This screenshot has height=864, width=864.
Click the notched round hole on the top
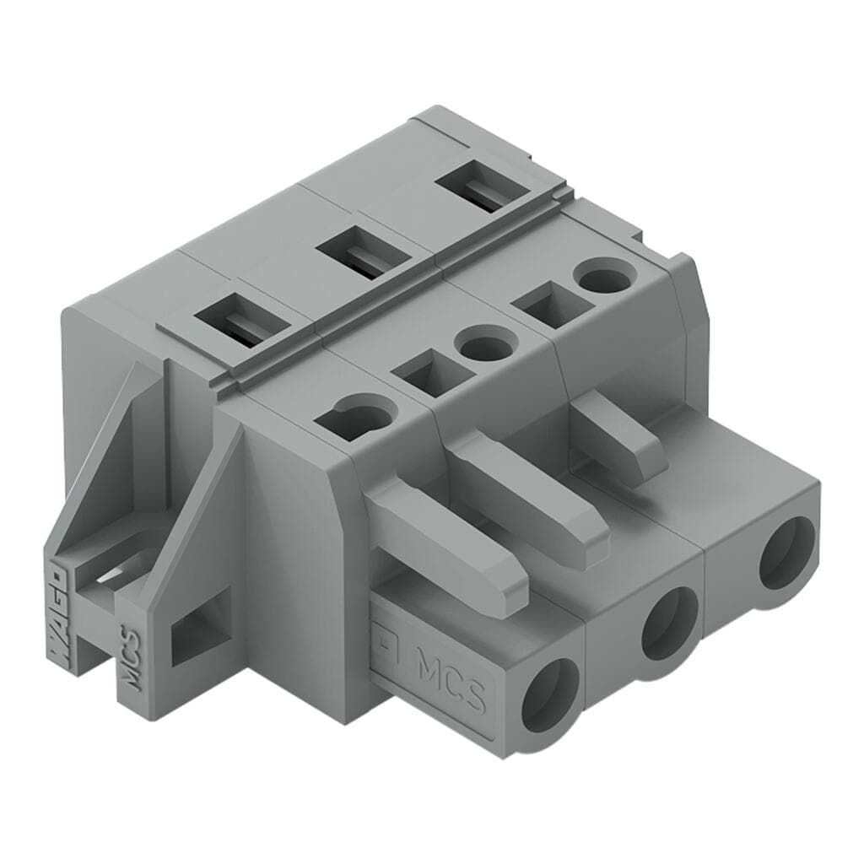[x=359, y=416]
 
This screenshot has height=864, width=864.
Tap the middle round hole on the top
[x=480, y=346]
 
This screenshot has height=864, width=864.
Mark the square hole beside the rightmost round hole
[x=548, y=305]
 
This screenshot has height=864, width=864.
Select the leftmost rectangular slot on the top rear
[x=236, y=321]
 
